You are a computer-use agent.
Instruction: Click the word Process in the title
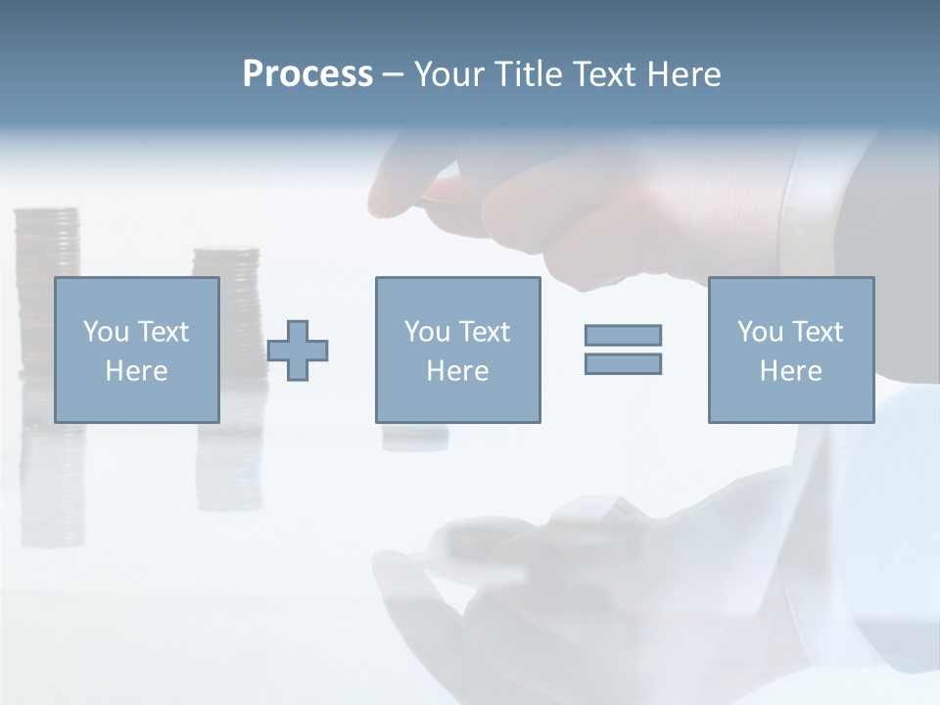click(x=307, y=74)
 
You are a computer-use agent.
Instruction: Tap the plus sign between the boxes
click(x=298, y=350)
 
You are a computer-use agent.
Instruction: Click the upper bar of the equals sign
click(x=623, y=335)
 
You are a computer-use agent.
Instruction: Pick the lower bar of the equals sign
click(x=623, y=363)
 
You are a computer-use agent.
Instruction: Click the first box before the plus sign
click(x=136, y=350)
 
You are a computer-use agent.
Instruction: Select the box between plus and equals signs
click(x=457, y=350)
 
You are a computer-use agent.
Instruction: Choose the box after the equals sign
click(x=790, y=350)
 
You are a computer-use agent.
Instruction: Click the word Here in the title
click(x=683, y=74)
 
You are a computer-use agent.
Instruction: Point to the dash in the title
click(x=393, y=75)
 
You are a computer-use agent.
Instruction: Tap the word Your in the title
click(x=447, y=74)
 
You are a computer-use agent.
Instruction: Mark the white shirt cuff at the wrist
click(x=813, y=206)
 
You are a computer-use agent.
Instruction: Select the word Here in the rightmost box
click(x=790, y=371)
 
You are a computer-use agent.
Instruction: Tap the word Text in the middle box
click(x=484, y=332)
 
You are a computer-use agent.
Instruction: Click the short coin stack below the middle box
click(x=415, y=436)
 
